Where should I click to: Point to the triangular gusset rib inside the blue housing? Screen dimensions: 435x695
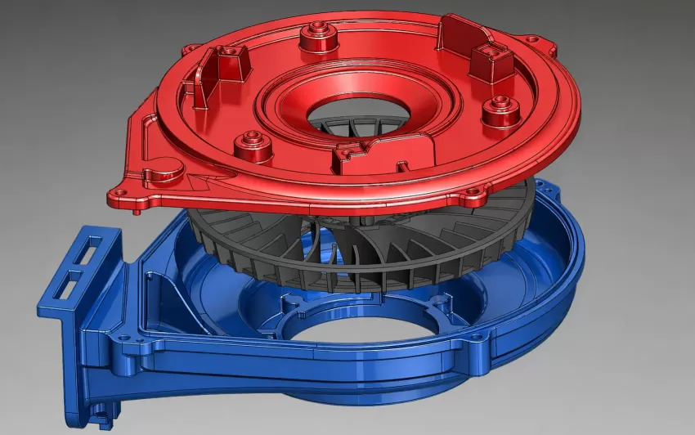[168, 290]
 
